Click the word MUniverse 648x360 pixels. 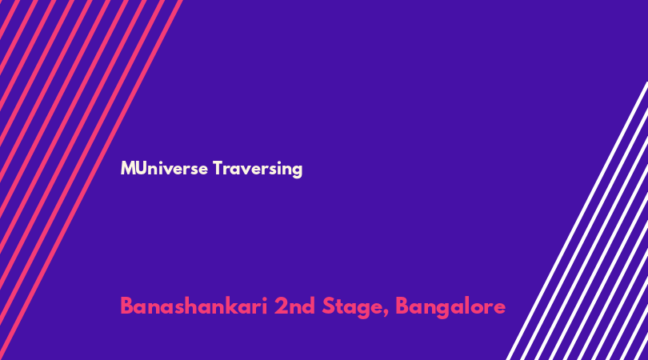click(164, 169)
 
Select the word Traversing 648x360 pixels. click(258, 170)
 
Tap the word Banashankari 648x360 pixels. click(194, 306)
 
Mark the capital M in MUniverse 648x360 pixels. click(127, 168)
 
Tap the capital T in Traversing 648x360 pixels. click(218, 168)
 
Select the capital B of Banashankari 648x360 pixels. click(127, 306)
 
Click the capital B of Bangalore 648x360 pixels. click(402, 306)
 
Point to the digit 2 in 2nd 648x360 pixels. click(282, 306)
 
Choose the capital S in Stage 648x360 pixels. click(329, 306)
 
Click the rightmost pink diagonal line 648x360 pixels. click(90, 180)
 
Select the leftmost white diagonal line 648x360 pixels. click(577, 221)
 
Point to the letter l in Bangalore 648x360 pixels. click(469, 306)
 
